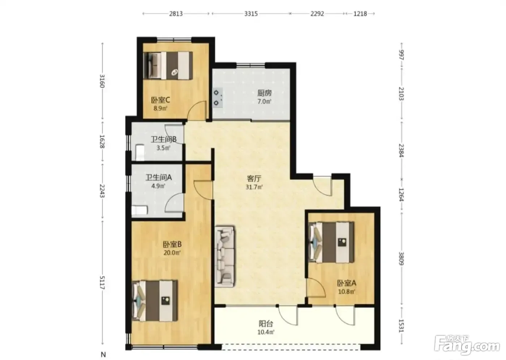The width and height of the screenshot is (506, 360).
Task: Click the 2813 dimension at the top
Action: (x=176, y=14)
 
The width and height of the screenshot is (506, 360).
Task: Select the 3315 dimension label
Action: (x=251, y=14)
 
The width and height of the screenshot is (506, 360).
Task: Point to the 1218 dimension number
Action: (x=360, y=14)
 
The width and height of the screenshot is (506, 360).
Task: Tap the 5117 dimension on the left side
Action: (x=102, y=283)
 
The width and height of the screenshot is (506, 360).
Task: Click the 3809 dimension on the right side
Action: (x=402, y=258)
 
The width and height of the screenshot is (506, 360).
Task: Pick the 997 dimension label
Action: (x=402, y=55)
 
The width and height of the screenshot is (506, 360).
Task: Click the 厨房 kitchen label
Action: (x=264, y=93)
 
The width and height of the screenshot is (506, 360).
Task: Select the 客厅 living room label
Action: (x=254, y=179)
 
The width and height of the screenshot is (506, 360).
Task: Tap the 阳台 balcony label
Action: (x=266, y=324)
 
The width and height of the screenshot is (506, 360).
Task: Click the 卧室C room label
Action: (x=160, y=100)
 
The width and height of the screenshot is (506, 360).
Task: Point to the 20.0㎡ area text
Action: (x=172, y=253)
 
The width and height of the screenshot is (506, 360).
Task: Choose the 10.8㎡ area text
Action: (x=347, y=292)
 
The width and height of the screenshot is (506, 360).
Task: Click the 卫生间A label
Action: (x=159, y=177)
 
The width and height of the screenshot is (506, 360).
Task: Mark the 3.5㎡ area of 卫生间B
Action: (x=163, y=148)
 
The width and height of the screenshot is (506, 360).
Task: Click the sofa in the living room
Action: (x=224, y=257)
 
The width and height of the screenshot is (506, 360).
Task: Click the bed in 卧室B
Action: (x=155, y=301)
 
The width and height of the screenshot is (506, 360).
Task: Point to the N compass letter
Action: (x=103, y=354)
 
